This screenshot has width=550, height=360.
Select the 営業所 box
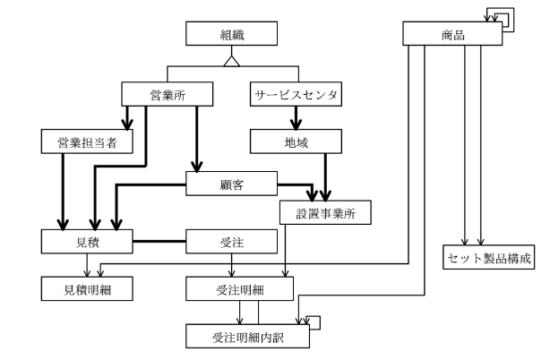pyautogui.click(x=168, y=92)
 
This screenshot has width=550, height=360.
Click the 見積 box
pyautogui.click(x=88, y=241)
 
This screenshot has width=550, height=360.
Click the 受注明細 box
pyautogui.click(x=239, y=289)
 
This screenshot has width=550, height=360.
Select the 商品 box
pyautogui.click(x=453, y=34)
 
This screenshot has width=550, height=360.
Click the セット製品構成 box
pyautogui.click(x=488, y=256)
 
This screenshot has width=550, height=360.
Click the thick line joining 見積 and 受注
pyautogui.click(x=159, y=241)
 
